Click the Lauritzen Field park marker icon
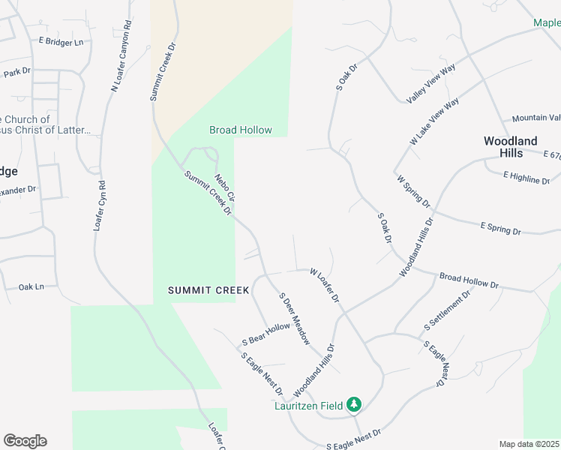354,405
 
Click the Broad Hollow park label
240,130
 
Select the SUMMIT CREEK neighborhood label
208,289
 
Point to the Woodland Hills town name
510,146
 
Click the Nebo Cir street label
225,188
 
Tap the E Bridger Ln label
61,42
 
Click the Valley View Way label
431,85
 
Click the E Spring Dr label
500,227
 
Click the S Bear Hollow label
265,335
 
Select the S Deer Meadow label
294,318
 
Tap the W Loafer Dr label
325,286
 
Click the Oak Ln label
31,286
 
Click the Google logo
25,441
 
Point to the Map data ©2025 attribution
529,444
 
